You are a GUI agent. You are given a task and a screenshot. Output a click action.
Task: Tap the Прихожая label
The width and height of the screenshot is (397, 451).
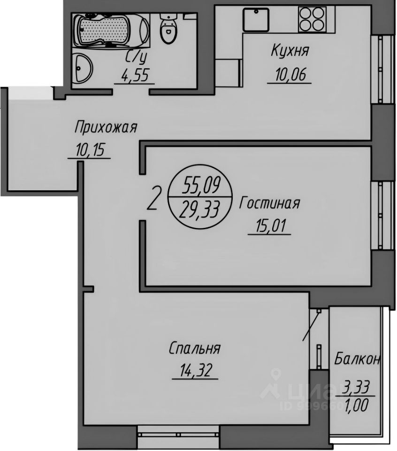106,127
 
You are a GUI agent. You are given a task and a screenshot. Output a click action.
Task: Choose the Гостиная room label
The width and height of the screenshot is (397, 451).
269,204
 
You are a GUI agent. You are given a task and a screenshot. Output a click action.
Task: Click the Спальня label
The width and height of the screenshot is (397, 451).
194,349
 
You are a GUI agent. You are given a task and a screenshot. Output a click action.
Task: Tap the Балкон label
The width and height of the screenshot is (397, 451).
357,360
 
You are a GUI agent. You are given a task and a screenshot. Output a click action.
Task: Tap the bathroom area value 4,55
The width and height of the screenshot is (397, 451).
135,75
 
